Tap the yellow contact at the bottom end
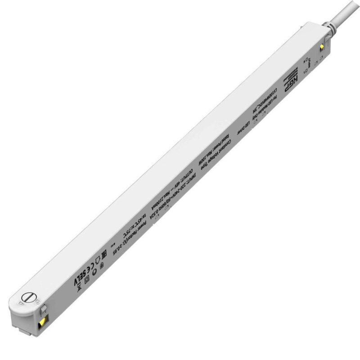click(x=42, y=320)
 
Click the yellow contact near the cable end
click(x=322, y=47)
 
